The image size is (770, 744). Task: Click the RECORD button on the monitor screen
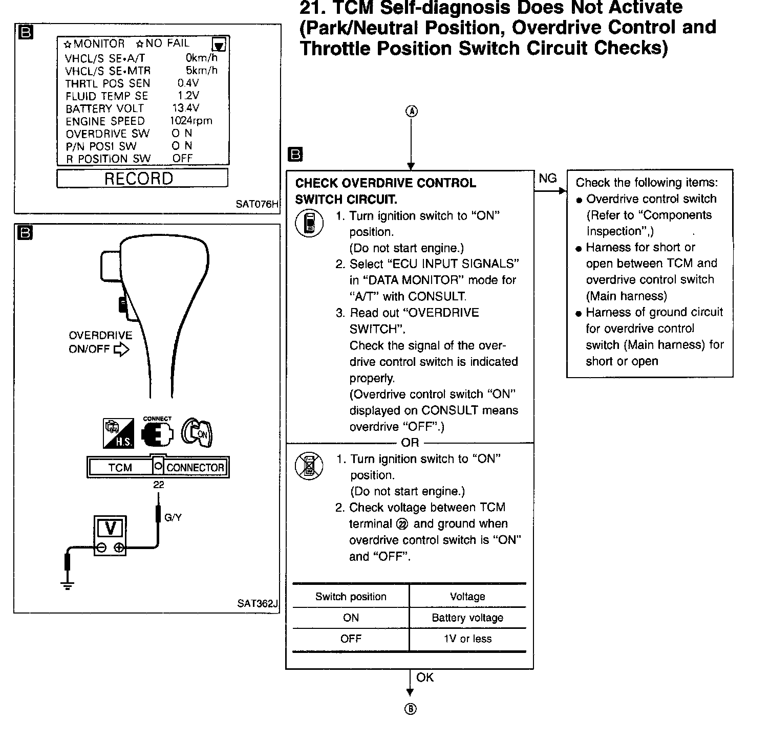click(x=142, y=179)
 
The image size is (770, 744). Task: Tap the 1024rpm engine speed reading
click(x=191, y=121)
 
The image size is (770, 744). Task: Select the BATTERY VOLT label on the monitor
click(x=104, y=108)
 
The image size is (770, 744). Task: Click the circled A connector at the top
click(x=412, y=111)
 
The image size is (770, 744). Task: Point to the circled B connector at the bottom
click(x=410, y=709)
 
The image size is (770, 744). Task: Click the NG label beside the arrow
click(x=547, y=178)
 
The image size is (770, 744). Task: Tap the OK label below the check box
click(x=424, y=677)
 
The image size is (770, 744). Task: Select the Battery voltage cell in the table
click(x=467, y=618)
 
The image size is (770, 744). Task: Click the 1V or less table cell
click(x=467, y=639)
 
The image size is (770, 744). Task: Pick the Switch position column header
click(x=351, y=597)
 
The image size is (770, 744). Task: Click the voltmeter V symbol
click(x=110, y=528)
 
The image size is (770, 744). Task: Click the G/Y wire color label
click(x=173, y=517)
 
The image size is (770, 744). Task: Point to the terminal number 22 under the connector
click(x=159, y=484)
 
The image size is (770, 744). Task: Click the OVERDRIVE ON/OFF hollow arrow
click(x=121, y=350)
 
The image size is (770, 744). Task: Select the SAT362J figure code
click(x=257, y=604)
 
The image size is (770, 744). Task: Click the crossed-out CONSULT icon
click(x=309, y=466)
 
